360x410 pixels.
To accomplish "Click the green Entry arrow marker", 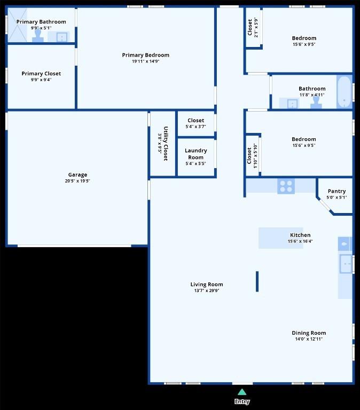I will (x=242, y=392).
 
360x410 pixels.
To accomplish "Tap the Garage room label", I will (x=77, y=175).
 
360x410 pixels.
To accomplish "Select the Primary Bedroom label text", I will (x=145, y=55).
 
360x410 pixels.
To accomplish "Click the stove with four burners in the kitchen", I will (x=286, y=186).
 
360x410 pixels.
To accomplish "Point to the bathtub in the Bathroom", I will (x=345, y=92).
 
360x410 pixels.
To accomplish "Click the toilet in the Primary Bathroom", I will (x=38, y=35).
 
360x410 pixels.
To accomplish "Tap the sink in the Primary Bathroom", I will (x=61, y=37).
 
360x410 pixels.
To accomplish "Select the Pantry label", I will (x=336, y=191).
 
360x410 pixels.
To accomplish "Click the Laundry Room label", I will (x=196, y=154).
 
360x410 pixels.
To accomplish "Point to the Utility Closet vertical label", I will (x=166, y=144).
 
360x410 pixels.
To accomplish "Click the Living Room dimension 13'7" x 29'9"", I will (x=206, y=291).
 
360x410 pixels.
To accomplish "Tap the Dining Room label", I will (x=309, y=333).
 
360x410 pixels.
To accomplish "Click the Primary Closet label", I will (x=41, y=74).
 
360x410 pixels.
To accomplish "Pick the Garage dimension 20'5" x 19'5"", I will (x=77, y=181).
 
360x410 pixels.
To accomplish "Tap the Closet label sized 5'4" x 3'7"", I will (x=196, y=121).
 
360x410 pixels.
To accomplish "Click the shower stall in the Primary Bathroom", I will (x=18, y=26).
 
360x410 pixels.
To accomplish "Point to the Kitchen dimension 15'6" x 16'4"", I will (x=300, y=241).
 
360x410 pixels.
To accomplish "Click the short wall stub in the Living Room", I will (x=257, y=281).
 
